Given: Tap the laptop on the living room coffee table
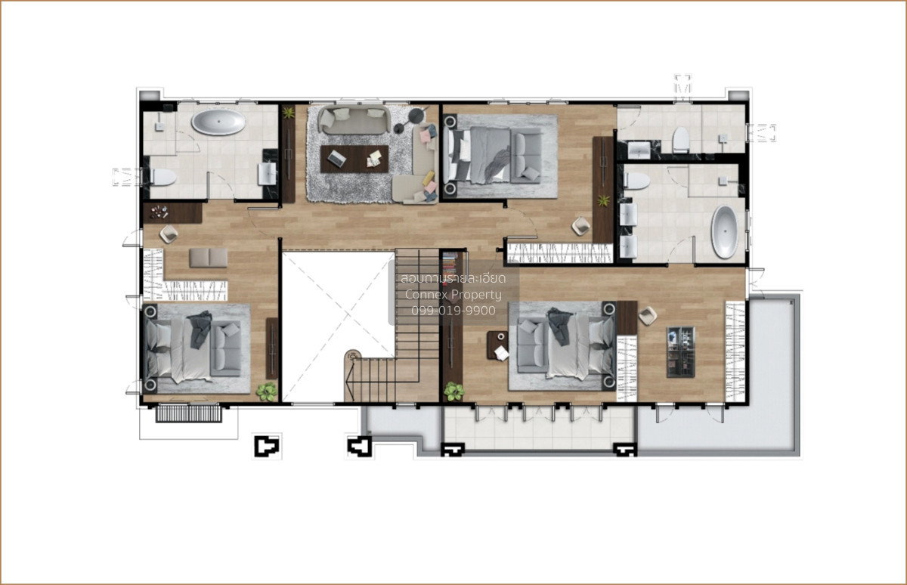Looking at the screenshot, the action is tap(336, 157).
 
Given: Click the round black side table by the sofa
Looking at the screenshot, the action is tap(416, 116).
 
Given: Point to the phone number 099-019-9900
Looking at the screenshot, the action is tap(453, 311).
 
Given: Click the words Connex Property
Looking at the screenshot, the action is tap(453, 294).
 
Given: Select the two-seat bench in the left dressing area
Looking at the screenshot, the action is tap(209, 258).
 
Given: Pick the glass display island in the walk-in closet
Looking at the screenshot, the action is tap(681, 351).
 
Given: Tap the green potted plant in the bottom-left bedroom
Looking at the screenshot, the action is tap(267, 392).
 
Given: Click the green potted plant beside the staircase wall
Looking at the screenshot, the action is tap(453, 392).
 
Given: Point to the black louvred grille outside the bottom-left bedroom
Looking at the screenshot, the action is tap(189, 413).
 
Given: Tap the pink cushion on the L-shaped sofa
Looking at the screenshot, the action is tap(426, 135).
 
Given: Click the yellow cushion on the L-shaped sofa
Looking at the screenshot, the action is tap(429, 178).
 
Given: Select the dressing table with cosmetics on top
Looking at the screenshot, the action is tap(172, 213).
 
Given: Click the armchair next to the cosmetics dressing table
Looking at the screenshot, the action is tap(169, 234).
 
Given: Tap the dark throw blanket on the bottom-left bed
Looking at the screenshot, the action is tap(200, 329).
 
